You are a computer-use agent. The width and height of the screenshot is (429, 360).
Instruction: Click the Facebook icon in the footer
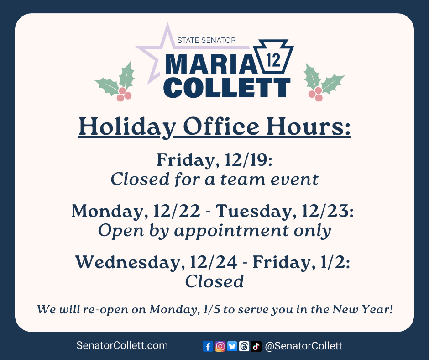[x=208, y=346]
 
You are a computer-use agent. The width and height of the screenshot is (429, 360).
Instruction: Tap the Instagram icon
[x=220, y=346]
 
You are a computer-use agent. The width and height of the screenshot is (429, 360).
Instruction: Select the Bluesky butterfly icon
[x=232, y=346]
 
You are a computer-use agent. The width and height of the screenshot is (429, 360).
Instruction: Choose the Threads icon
[x=244, y=346]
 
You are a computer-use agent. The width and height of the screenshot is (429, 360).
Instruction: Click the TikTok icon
[x=256, y=346]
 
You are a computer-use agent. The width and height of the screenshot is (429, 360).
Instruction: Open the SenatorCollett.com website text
[x=122, y=346]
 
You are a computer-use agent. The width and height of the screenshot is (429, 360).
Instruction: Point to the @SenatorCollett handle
[x=303, y=346]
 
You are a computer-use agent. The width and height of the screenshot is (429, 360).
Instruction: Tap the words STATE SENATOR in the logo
[x=206, y=41]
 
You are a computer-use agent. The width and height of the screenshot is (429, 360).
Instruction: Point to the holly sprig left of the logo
[x=116, y=82]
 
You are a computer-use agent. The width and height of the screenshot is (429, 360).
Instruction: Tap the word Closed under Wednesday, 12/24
[x=214, y=281]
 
